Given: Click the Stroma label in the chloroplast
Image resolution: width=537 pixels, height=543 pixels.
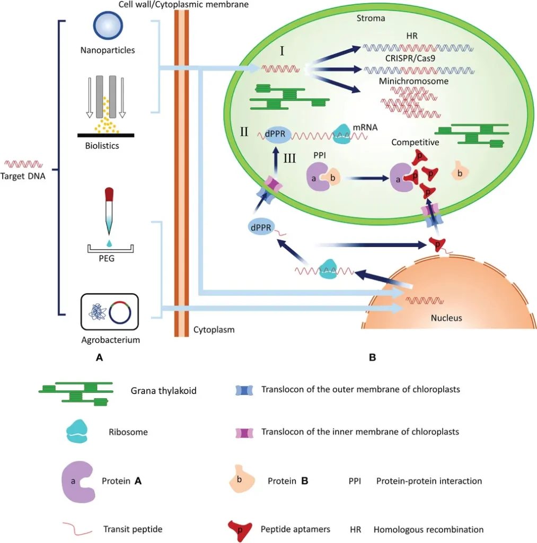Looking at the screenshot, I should click(x=371, y=18).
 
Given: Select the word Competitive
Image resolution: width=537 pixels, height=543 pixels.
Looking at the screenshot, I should click(x=415, y=143).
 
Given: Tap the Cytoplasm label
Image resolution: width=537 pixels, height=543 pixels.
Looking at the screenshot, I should click(x=214, y=330).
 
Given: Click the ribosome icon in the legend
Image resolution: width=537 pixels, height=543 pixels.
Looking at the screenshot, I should click(x=80, y=432).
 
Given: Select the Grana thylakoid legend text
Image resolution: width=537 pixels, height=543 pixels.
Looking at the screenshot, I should click(x=163, y=391).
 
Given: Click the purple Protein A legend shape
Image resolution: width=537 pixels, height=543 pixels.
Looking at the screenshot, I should click(x=77, y=481).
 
